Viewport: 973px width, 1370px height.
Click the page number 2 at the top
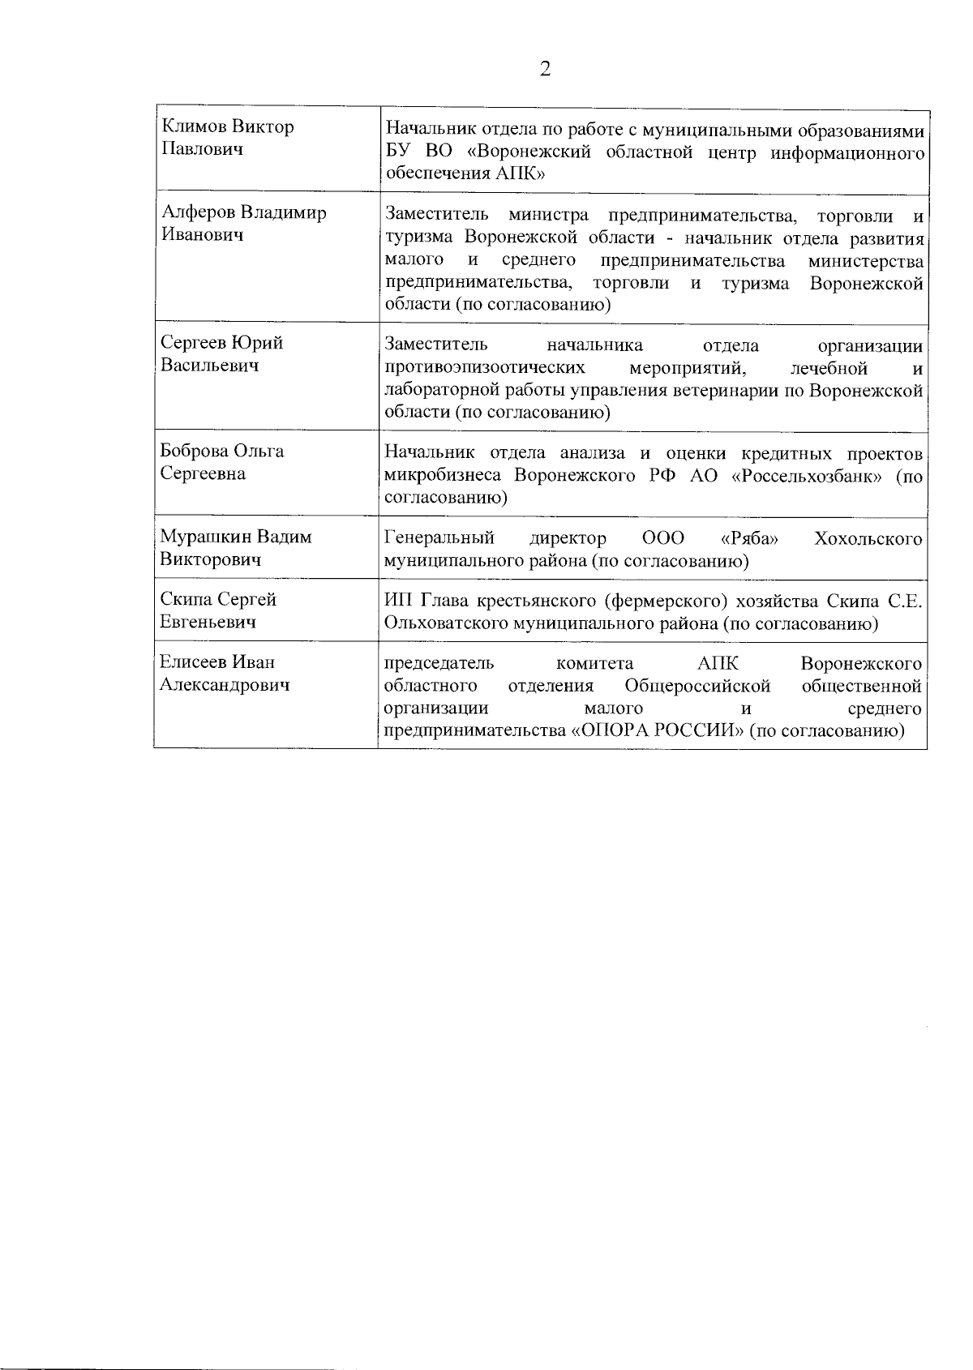(545, 69)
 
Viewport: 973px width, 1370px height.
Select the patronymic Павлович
(202, 149)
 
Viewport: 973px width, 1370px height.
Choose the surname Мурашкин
(204, 537)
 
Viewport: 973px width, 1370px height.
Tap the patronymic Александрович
(225, 685)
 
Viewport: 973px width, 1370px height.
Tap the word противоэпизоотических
(485, 368)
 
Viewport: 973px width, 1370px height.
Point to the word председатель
(439, 663)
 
